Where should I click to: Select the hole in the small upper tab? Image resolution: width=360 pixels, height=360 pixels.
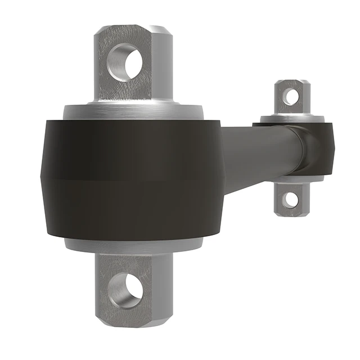tap(291, 96)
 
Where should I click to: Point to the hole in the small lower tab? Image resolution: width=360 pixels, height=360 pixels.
tap(291, 199)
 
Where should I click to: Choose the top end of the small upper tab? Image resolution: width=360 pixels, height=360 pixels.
tap(291, 82)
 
